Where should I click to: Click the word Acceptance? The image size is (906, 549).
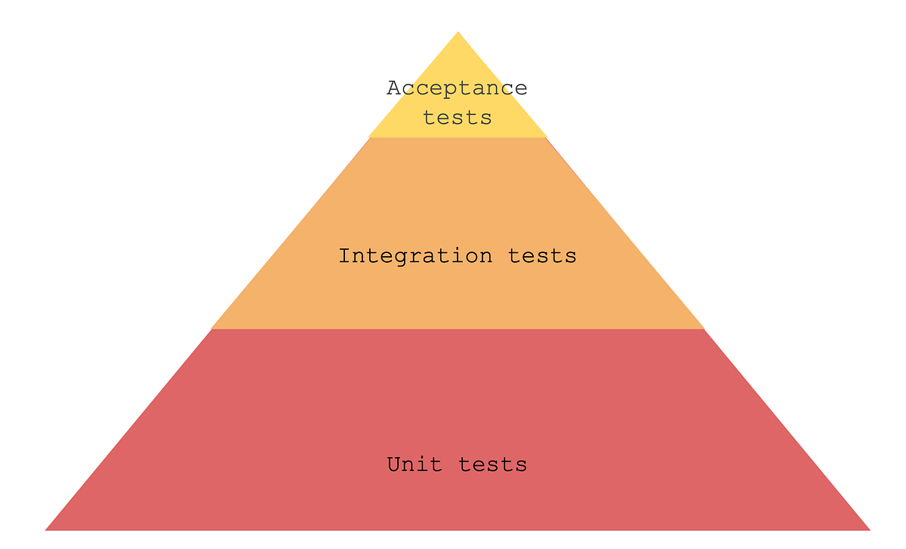pos(457,88)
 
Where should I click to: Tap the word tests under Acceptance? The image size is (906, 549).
pos(457,118)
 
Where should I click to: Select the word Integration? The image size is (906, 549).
pos(415,256)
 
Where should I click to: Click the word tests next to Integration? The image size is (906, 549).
pos(542,256)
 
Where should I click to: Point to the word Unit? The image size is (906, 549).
pos(414,464)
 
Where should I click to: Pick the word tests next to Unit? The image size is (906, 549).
pos(492,464)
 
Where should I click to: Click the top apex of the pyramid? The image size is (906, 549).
pos(458,32)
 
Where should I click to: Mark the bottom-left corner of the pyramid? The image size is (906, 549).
pos(45,529)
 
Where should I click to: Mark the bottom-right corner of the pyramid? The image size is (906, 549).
pos(871,529)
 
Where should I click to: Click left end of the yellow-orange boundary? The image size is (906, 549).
pos(369,137)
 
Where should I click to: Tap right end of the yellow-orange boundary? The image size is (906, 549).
pos(547,137)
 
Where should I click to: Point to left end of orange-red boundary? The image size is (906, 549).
pos(211,328)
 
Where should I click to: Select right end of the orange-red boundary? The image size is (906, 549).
pos(704,328)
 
